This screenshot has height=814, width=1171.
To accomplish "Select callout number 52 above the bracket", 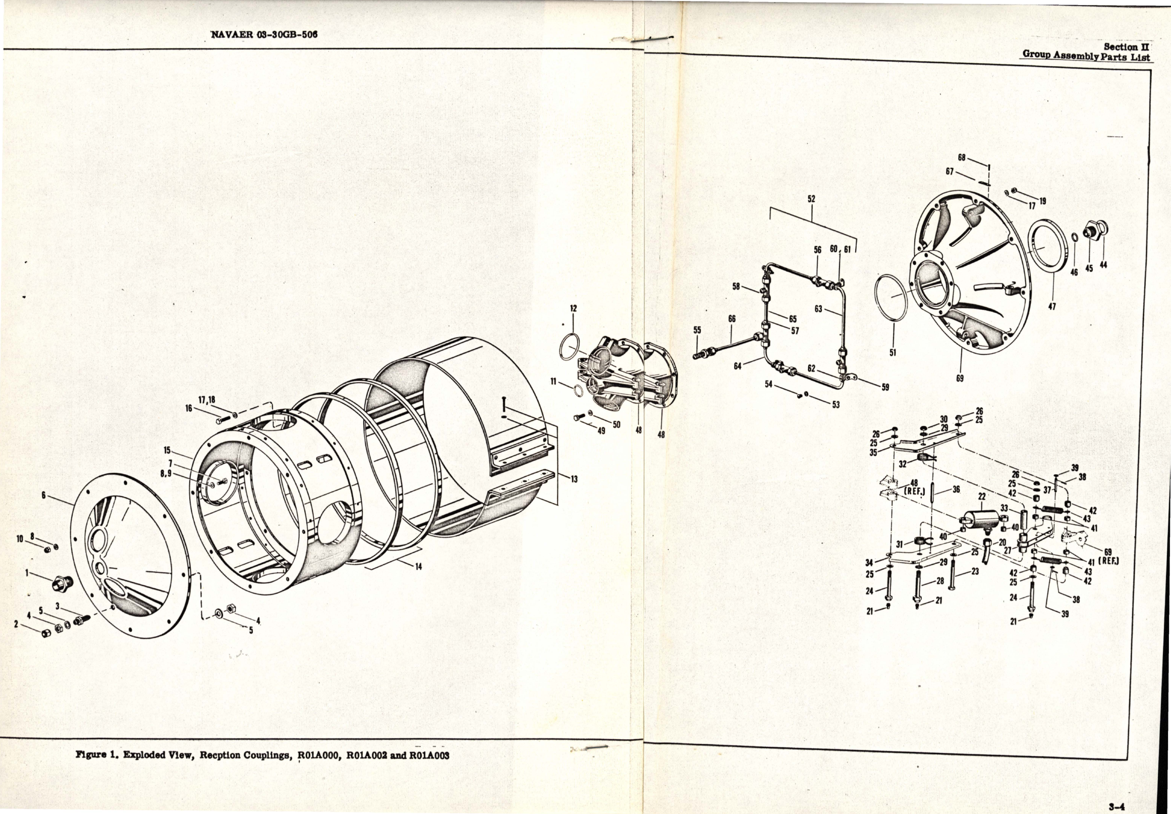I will [811, 199].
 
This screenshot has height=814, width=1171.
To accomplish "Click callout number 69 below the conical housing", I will [960, 379].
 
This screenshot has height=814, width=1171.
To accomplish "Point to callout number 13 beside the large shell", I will [574, 479].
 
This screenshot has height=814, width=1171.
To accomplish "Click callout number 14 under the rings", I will [418, 567].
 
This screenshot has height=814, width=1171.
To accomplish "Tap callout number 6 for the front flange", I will [44, 495].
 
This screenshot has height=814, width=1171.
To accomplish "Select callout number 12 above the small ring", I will [574, 308].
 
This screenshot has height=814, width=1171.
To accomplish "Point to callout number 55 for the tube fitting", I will [697, 330].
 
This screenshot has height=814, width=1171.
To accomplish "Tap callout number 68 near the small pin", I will [962, 157].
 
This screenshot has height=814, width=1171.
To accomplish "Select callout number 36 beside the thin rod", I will [956, 489].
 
